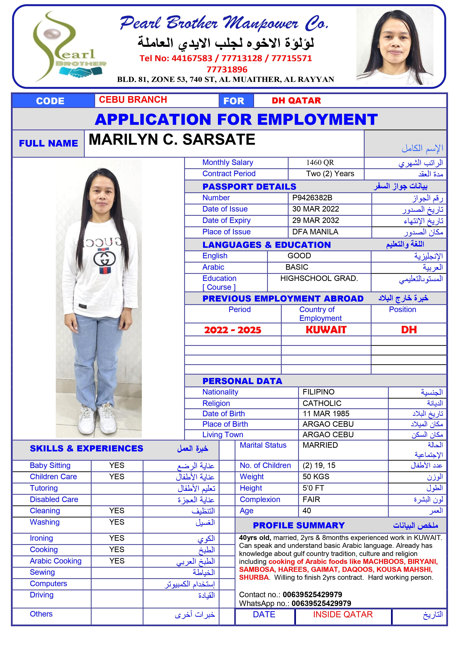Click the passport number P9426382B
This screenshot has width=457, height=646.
pyautogui.click(x=312, y=198)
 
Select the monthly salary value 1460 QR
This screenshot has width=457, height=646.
pyautogui.click(x=320, y=163)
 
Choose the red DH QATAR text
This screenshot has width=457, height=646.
pyautogui.click(x=296, y=101)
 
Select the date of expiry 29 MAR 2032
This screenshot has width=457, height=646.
pyautogui.click(x=315, y=220)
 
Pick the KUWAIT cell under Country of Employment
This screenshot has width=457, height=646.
pyautogui.click(x=326, y=330)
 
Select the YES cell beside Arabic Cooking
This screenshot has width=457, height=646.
pyautogui.click(x=117, y=561)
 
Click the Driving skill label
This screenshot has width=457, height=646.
pyautogui.click(x=42, y=595)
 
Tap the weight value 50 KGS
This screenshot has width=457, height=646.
pyautogui.click(x=316, y=477)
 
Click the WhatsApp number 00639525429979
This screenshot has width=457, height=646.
pyautogui.click(x=321, y=603)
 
